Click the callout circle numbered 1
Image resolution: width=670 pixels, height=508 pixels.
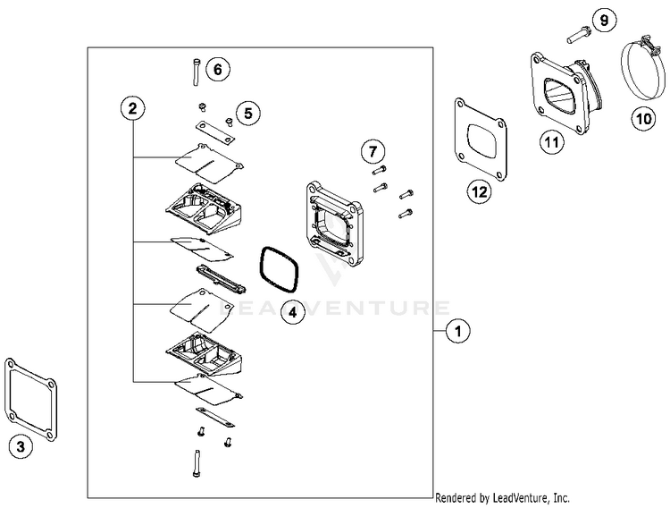point(459,332)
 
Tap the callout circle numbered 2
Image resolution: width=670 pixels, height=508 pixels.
point(132,109)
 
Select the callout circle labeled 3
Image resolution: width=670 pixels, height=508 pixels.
point(21,445)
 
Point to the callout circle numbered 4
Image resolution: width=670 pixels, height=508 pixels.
point(291,311)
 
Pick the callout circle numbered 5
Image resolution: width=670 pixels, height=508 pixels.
point(248,113)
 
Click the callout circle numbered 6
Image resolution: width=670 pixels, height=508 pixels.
point(220,68)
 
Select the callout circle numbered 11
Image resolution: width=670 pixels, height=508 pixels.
point(551,140)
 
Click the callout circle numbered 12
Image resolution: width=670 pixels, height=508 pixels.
point(481,190)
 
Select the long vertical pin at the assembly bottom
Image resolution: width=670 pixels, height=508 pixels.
point(197,463)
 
